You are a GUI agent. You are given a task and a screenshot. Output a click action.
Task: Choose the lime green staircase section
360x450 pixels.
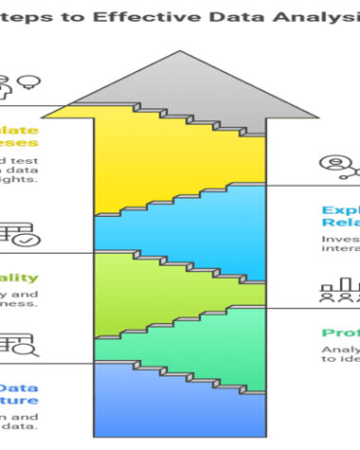click(x=161, y=294)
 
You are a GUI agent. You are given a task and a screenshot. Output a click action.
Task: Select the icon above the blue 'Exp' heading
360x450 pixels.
click(x=336, y=167)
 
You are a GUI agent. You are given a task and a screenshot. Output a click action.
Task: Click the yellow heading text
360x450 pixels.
click(x=19, y=137)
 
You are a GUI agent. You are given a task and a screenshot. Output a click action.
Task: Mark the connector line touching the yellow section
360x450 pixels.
click(x=47, y=104)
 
